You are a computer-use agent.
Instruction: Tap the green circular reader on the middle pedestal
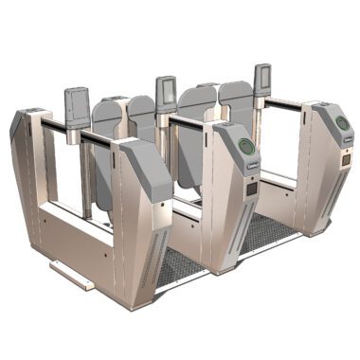coord(245,147)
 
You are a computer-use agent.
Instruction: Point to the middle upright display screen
coord(165,91)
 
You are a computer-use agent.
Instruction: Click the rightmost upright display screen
coord(262,78)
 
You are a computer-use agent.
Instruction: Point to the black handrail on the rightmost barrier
coord(284,101)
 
